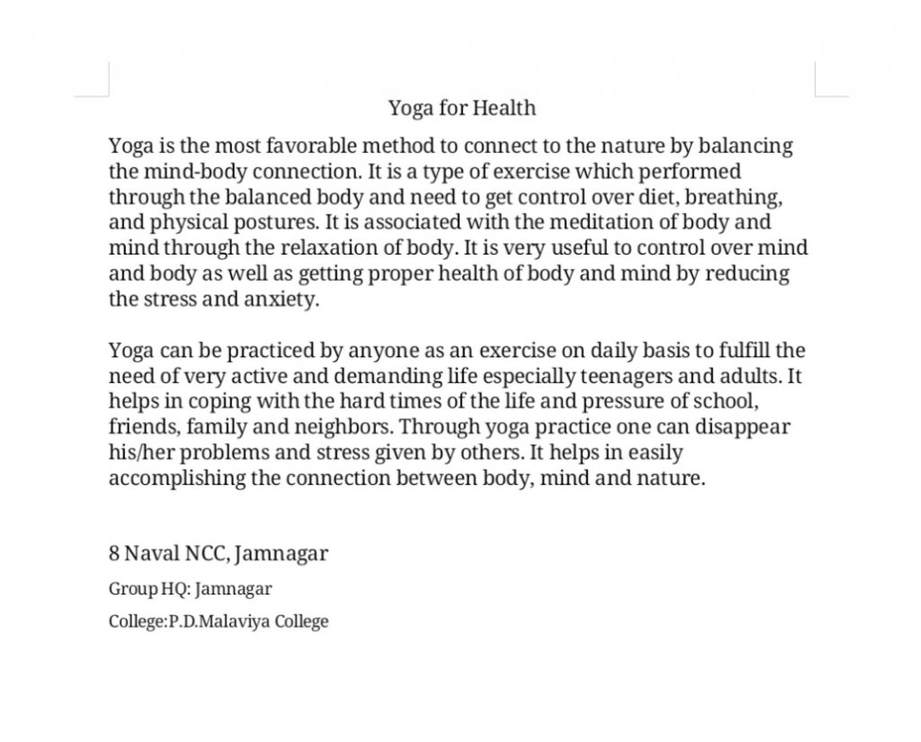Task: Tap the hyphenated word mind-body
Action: pyautogui.click(x=191, y=171)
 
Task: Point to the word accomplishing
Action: pyautogui.click(x=176, y=478)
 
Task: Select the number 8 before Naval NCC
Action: pyautogui.click(x=114, y=553)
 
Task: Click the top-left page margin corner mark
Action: pyautogui.click(x=107, y=94)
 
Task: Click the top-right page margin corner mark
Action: pyautogui.click(x=816, y=94)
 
